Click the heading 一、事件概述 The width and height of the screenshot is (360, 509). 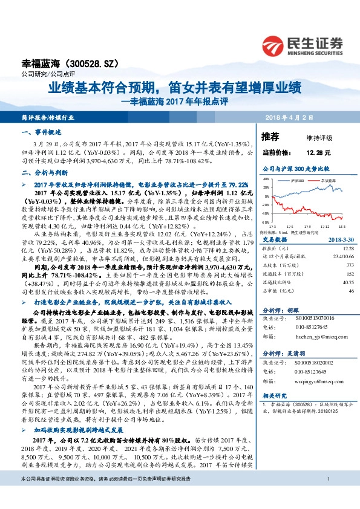tap(38, 132)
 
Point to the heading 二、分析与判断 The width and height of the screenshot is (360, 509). tap(41, 172)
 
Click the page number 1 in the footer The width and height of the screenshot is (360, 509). tap(327, 496)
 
